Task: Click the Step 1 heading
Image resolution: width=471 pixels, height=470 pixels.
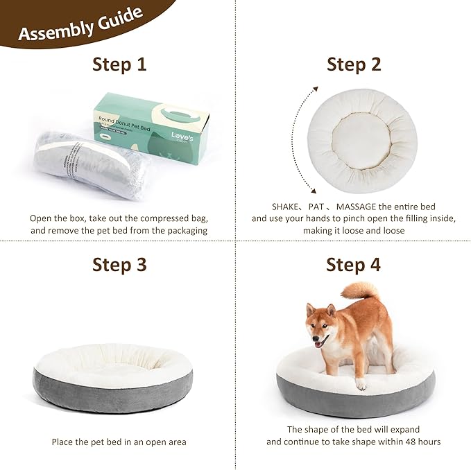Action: coord(119,64)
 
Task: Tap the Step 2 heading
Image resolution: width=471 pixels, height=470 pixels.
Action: coord(354,64)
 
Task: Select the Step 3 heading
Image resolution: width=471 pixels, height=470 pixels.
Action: coord(119,264)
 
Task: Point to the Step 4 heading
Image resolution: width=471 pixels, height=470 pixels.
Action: coord(354,264)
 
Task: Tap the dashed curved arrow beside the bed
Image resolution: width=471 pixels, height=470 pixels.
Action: coord(300,139)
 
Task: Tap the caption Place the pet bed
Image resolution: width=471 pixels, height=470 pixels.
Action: coord(119,442)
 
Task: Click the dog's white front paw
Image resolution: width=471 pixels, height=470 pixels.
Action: coord(361,383)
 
